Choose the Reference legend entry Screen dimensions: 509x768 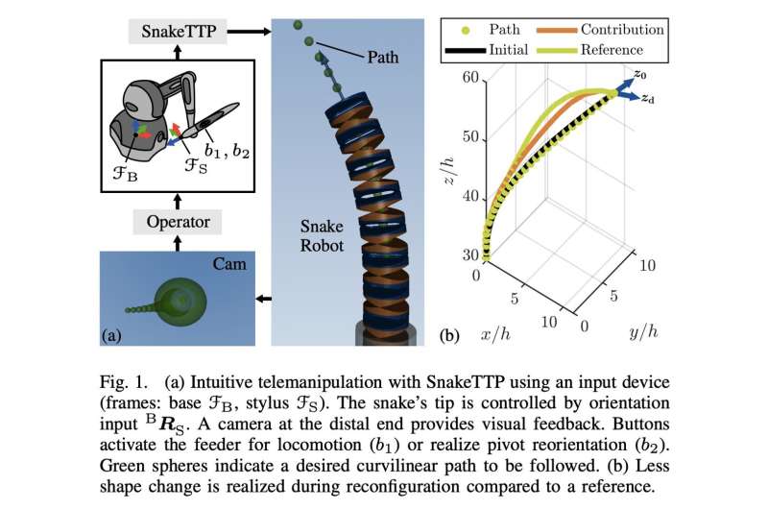pos(611,49)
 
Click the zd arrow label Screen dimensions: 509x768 pos(650,101)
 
